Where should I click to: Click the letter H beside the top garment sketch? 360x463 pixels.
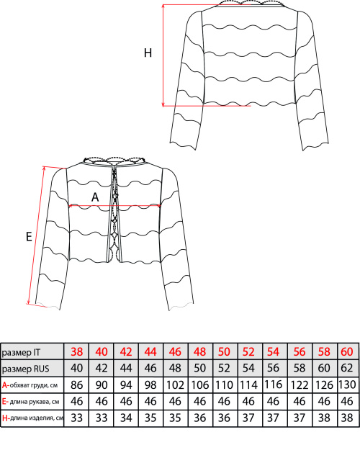pos(148,53)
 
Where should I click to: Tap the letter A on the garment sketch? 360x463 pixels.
pos(95,197)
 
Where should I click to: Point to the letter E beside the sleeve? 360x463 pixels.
pos(29,236)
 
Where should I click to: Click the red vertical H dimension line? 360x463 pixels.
pos(163,55)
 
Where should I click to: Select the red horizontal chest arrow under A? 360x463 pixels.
pos(114,206)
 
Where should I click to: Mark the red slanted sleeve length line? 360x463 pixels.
pos(36,235)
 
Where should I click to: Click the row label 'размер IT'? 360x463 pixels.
pos(21,352)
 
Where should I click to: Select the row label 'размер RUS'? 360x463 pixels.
pos(25,369)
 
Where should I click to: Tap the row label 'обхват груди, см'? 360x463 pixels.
pos(34,385)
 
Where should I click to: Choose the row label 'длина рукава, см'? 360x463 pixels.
pos(35,402)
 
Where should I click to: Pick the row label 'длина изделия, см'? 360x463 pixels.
pos(37,418)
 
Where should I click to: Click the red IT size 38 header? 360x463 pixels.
pos(77,352)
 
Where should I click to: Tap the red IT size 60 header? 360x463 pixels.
pos(347,352)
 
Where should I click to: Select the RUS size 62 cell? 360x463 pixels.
pos(347,368)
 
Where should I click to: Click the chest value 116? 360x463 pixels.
pos(274,385)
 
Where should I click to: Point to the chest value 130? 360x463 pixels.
pos(347,385)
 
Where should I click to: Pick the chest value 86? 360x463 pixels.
pos(77,385)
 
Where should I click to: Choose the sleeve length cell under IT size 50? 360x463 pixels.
pos(224,402)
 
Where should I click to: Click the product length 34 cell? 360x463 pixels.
pos(126,418)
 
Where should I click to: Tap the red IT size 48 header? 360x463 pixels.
pos(200,352)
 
